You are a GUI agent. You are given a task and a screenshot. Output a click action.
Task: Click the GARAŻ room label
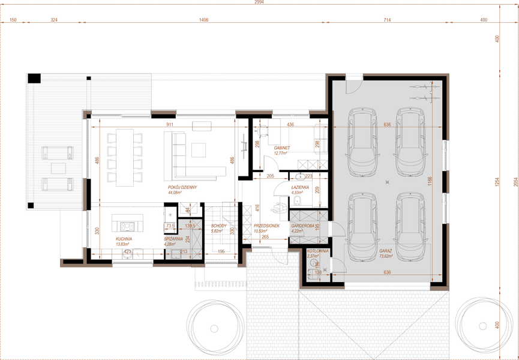[385, 251]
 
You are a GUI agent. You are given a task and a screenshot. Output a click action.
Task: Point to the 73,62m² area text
[385, 256]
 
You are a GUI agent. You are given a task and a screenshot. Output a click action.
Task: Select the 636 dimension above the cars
[386, 125]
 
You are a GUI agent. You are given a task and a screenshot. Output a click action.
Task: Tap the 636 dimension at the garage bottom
[386, 273]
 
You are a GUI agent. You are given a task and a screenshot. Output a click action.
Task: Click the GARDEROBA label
[302, 226]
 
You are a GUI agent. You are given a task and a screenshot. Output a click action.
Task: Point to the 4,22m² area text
[298, 230]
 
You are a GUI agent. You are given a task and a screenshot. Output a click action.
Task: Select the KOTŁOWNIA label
[317, 251]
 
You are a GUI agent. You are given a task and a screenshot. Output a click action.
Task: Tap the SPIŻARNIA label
[173, 238]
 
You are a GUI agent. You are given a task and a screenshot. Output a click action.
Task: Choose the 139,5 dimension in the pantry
[191, 226]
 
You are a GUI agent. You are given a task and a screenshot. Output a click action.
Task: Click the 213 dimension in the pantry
[184, 252]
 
